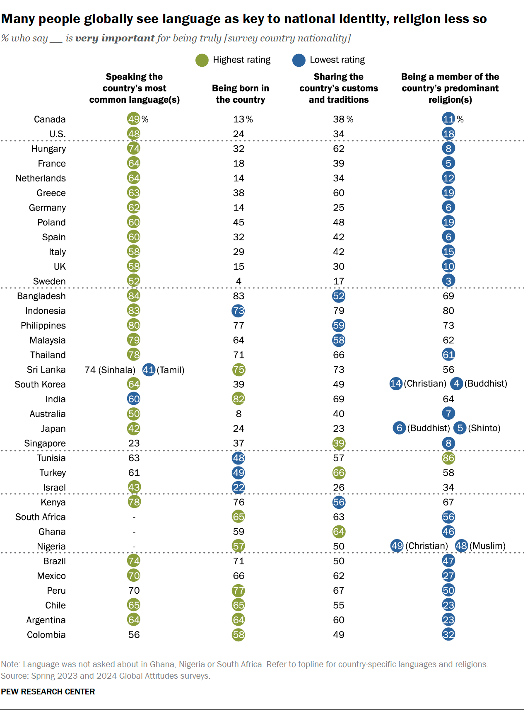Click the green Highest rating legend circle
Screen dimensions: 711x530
tap(202, 60)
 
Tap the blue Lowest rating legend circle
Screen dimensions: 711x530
tap(299, 60)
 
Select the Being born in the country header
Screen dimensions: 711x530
tap(240, 94)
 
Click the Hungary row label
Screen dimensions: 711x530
tap(48, 149)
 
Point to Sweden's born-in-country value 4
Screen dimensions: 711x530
tap(238, 281)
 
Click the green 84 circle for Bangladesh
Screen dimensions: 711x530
tap(134, 296)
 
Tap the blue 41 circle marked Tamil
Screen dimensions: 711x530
tap(149, 370)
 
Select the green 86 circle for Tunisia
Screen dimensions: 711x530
tap(448, 458)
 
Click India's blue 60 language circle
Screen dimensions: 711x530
tap(134, 399)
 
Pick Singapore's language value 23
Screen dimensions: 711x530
tap(134, 443)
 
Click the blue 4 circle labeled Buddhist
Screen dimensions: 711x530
tap(456, 384)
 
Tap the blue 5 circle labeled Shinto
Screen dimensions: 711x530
tap(460, 428)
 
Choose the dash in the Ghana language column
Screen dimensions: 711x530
tap(134, 532)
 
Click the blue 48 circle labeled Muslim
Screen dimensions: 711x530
tap(461, 546)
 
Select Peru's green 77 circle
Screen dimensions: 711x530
tap(238, 590)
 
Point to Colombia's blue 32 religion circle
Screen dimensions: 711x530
tap(448, 634)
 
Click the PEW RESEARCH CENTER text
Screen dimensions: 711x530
tap(48, 692)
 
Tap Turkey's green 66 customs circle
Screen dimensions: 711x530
tap(339, 473)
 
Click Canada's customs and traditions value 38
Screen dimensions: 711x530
tap(339, 119)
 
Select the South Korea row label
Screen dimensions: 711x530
tap(40, 385)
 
